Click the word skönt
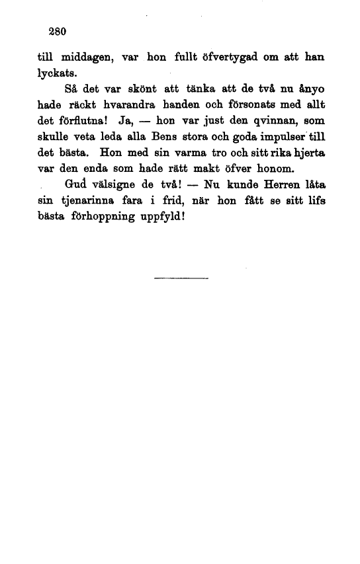tap(140, 89)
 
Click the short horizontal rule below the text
tap(180, 278)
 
